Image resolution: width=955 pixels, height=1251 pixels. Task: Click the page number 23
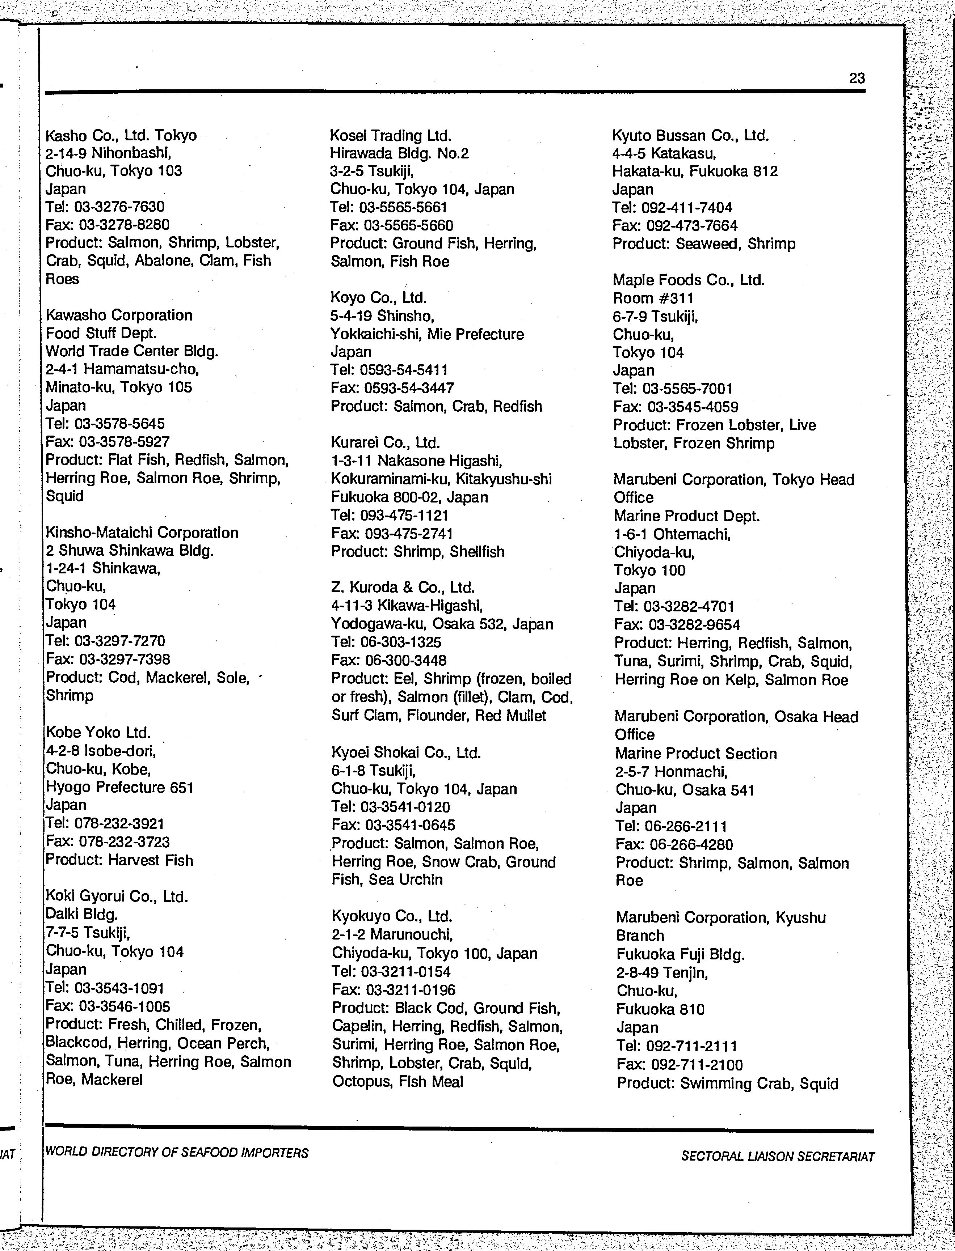[857, 79]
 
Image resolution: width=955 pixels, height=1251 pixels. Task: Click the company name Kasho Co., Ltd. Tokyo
[121, 135]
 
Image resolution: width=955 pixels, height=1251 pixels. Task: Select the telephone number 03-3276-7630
[119, 207]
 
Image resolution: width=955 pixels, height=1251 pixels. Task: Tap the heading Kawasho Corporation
[119, 315]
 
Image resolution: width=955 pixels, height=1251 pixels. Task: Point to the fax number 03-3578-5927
[124, 441]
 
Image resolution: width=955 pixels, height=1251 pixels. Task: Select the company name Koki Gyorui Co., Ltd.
[117, 896]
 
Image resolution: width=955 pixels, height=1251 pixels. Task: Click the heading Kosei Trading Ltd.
[391, 136]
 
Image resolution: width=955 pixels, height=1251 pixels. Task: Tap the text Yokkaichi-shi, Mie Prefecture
[427, 334]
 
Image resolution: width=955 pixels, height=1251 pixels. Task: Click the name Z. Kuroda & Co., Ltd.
[403, 588]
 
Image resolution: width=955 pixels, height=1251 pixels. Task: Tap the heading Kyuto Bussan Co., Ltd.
[690, 136]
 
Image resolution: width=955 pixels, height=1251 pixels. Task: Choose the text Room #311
[653, 298]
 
